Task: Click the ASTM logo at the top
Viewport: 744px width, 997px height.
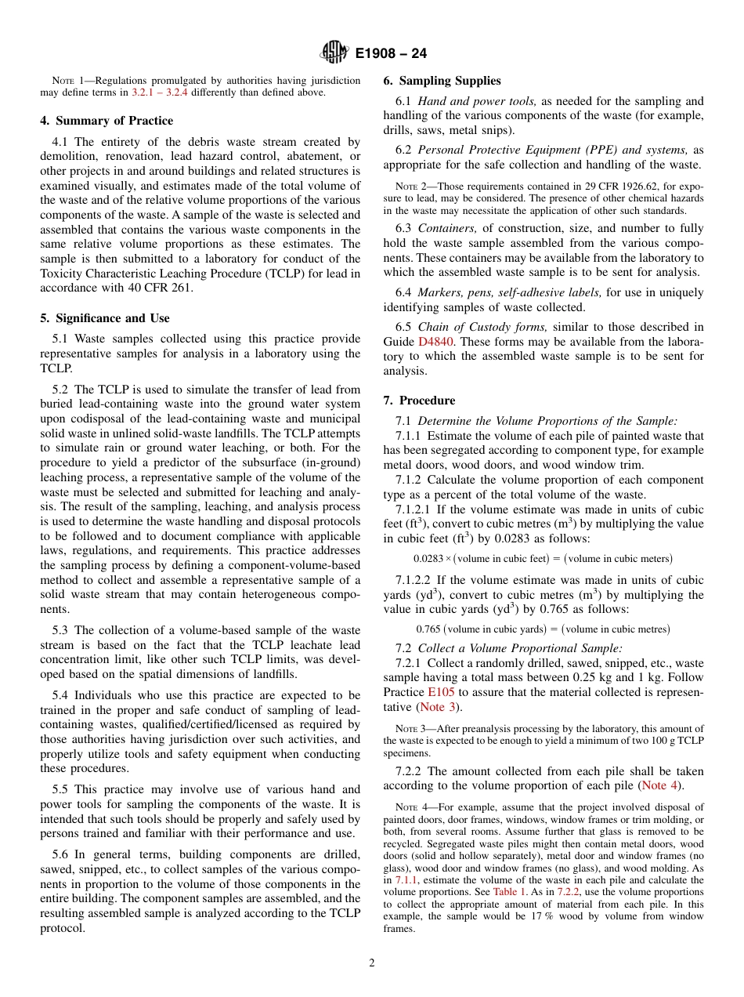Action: [x=334, y=53]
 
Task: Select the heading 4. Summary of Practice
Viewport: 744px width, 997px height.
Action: [x=107, y=121]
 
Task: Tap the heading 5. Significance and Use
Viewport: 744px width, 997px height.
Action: [x=105, y=318]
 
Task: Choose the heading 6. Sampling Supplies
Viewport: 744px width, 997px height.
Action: [x=442, y=81]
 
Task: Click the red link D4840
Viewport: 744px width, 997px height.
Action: [x=435, y=342]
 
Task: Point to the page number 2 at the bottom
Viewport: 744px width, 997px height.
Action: [x=372, y=963]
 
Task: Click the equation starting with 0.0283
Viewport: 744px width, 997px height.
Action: [x=543, y=559]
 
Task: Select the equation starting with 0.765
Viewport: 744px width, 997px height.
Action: [x=543, y=629]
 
